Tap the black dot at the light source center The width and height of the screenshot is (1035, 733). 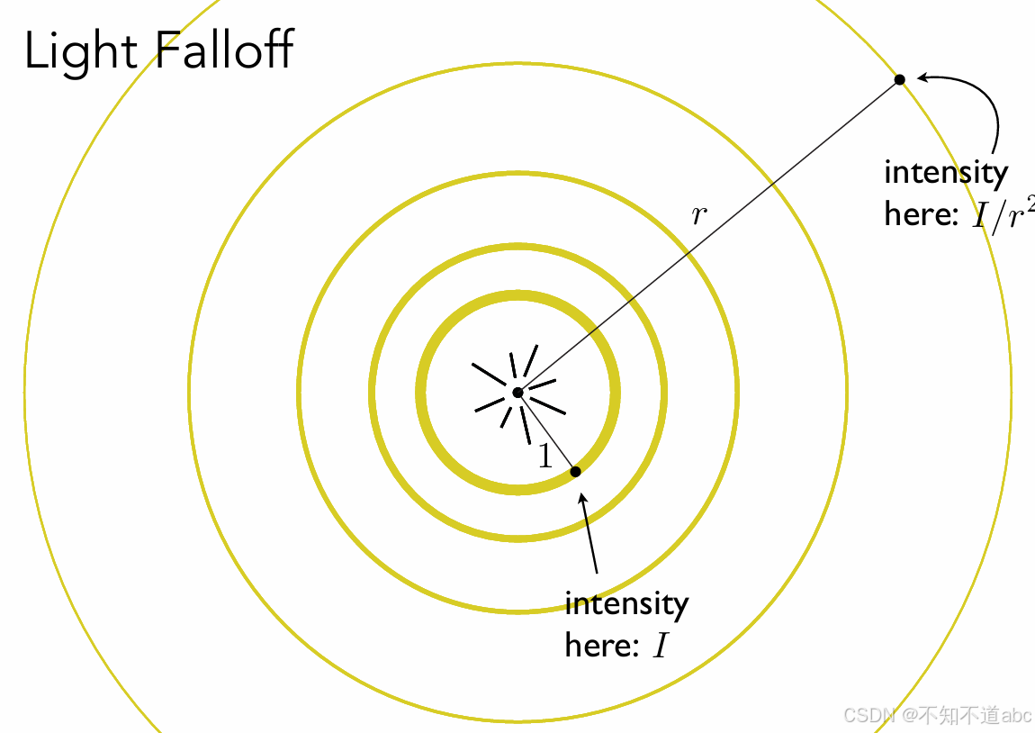point(517,393)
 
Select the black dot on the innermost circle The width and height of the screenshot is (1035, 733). point(575,471)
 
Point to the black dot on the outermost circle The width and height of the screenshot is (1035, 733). point(899,80)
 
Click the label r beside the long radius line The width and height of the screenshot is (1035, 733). point(698,215)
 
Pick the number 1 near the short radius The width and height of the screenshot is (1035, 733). point(544,457)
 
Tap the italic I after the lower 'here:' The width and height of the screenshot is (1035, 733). point(661,646)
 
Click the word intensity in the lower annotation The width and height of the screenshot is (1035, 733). point(626,603)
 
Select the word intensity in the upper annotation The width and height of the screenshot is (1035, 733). point(946,172)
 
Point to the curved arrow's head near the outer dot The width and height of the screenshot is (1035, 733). point(922,79)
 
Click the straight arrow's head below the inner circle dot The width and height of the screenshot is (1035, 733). point(584,496)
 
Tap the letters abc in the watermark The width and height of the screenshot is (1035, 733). point(1017,716)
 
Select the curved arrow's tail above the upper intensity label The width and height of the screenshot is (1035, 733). point(994,153)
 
